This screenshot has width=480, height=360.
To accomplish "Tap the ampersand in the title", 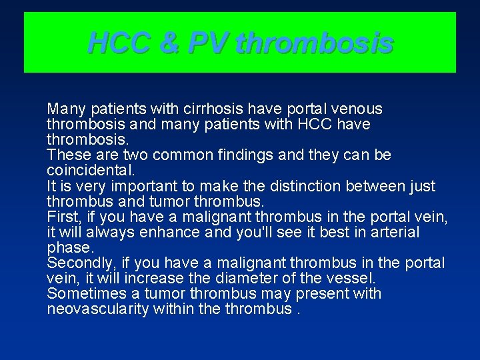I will tap(171, 44).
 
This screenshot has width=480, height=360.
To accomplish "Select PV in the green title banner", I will tap(209, 44).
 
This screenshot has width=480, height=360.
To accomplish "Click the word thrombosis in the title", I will tap(314, 44).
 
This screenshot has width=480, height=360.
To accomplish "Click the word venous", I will tap(357, 109).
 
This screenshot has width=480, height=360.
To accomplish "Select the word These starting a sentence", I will tap(65, 155).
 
